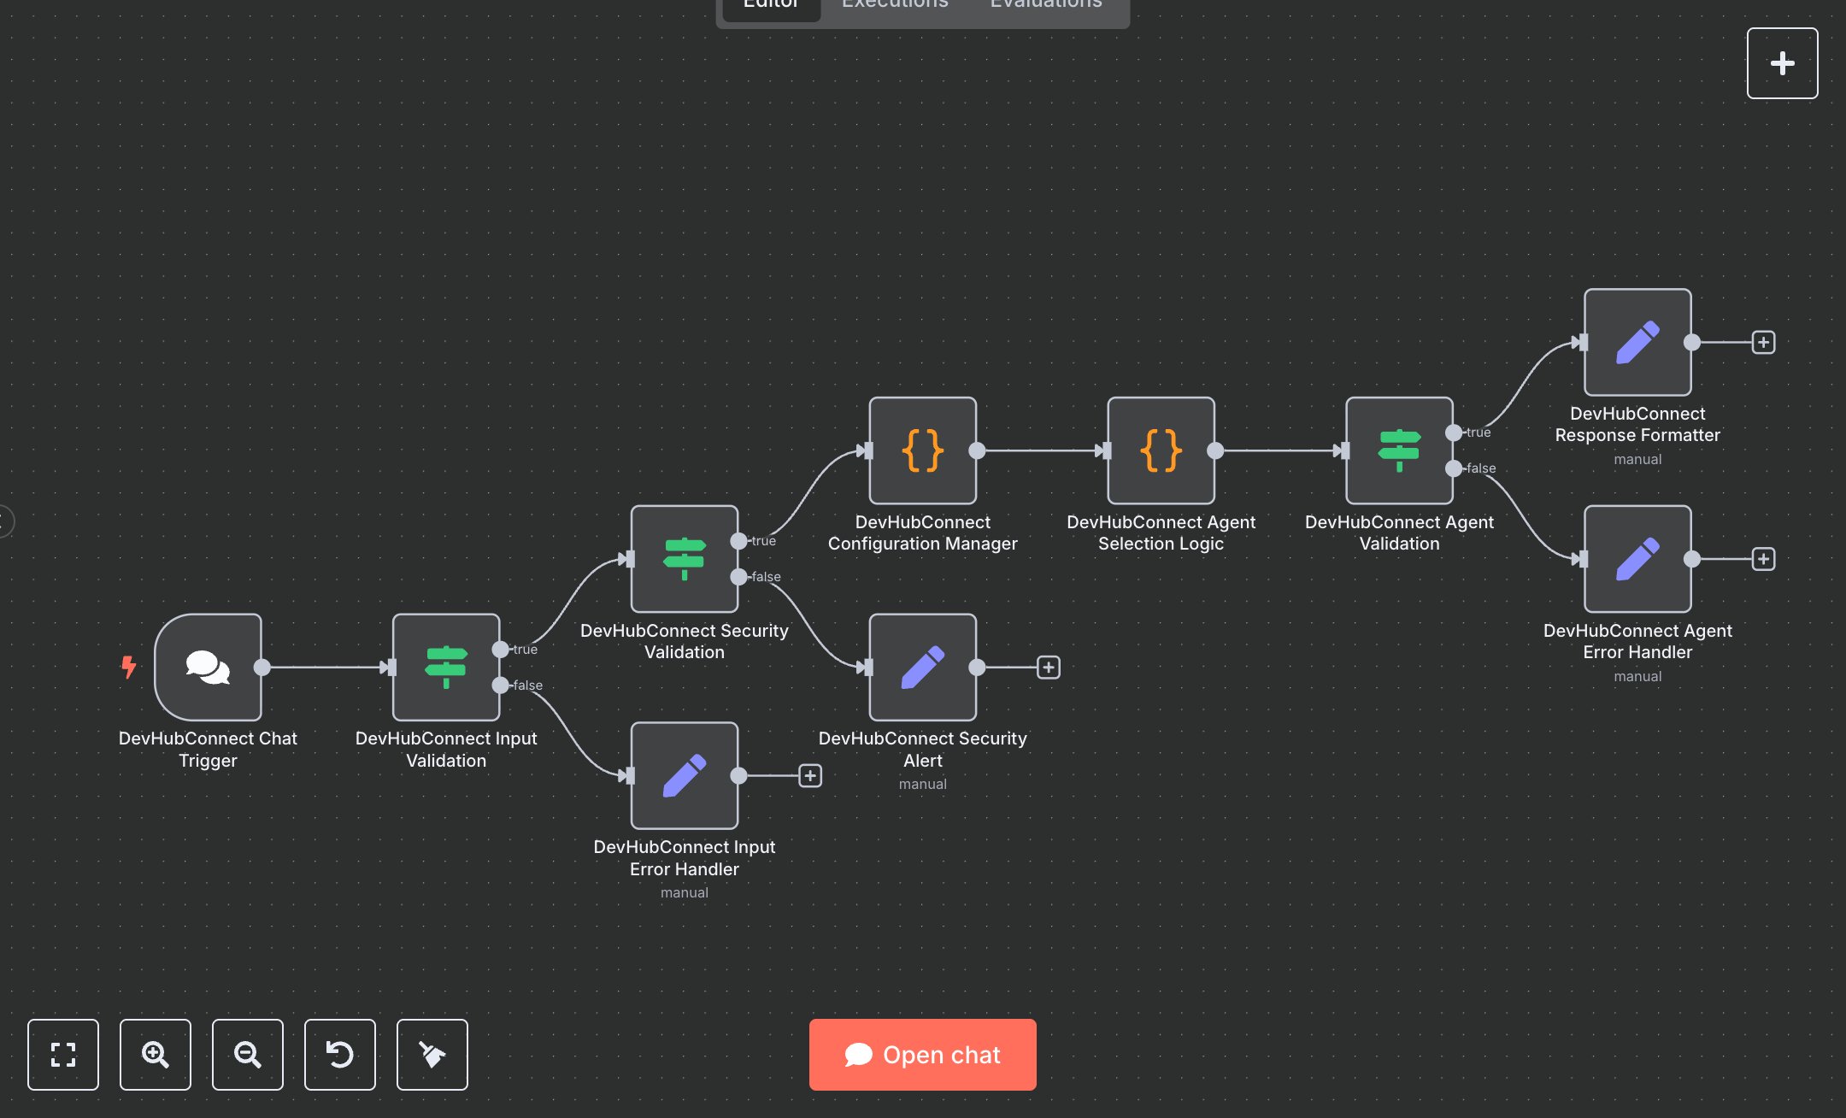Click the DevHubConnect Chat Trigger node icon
click(208, 667)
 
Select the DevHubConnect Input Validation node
click(445, 667)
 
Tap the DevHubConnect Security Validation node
click(684, 558)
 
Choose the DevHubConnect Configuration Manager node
click(922, 450)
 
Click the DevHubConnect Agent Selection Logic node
click(1161, 450)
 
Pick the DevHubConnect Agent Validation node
click(1399, 450)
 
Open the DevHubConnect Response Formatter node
click(1637, 342)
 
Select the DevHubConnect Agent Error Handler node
click(1637, 558)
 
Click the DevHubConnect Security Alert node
click(922, 667)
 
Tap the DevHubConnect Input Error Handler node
click(684, 775)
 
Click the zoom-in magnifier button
click(156, 1055)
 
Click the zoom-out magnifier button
click(248, 1055)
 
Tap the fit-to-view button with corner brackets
click(63, 1055)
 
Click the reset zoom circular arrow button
click(340, 1055)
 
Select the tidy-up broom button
click(432, 1055)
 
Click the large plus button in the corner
click(1782, 63)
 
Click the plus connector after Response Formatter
click(1763, 342)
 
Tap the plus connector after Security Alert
click(1049, 667)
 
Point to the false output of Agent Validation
click(1454, 468)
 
